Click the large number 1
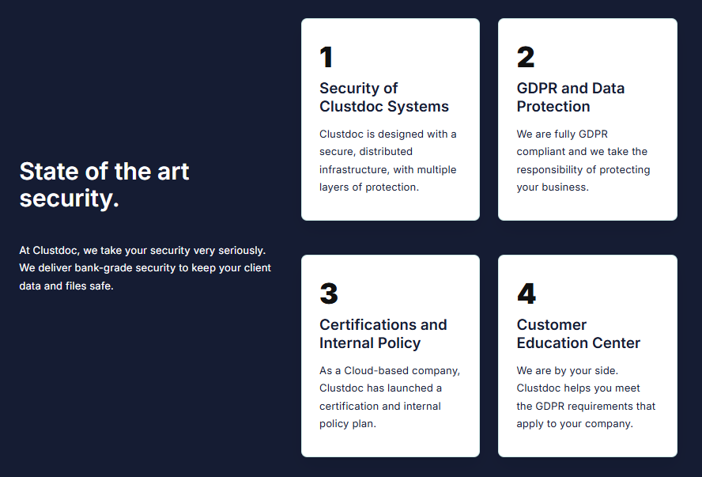326,57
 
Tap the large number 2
526,57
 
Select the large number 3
329,293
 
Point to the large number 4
526,293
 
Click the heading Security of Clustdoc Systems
384,97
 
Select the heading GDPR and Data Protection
571,97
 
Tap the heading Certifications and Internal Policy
383,334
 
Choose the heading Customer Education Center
579,334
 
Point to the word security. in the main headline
70,199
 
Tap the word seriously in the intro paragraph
242,251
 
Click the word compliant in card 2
541,152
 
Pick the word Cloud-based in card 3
376,370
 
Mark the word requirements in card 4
606,407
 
